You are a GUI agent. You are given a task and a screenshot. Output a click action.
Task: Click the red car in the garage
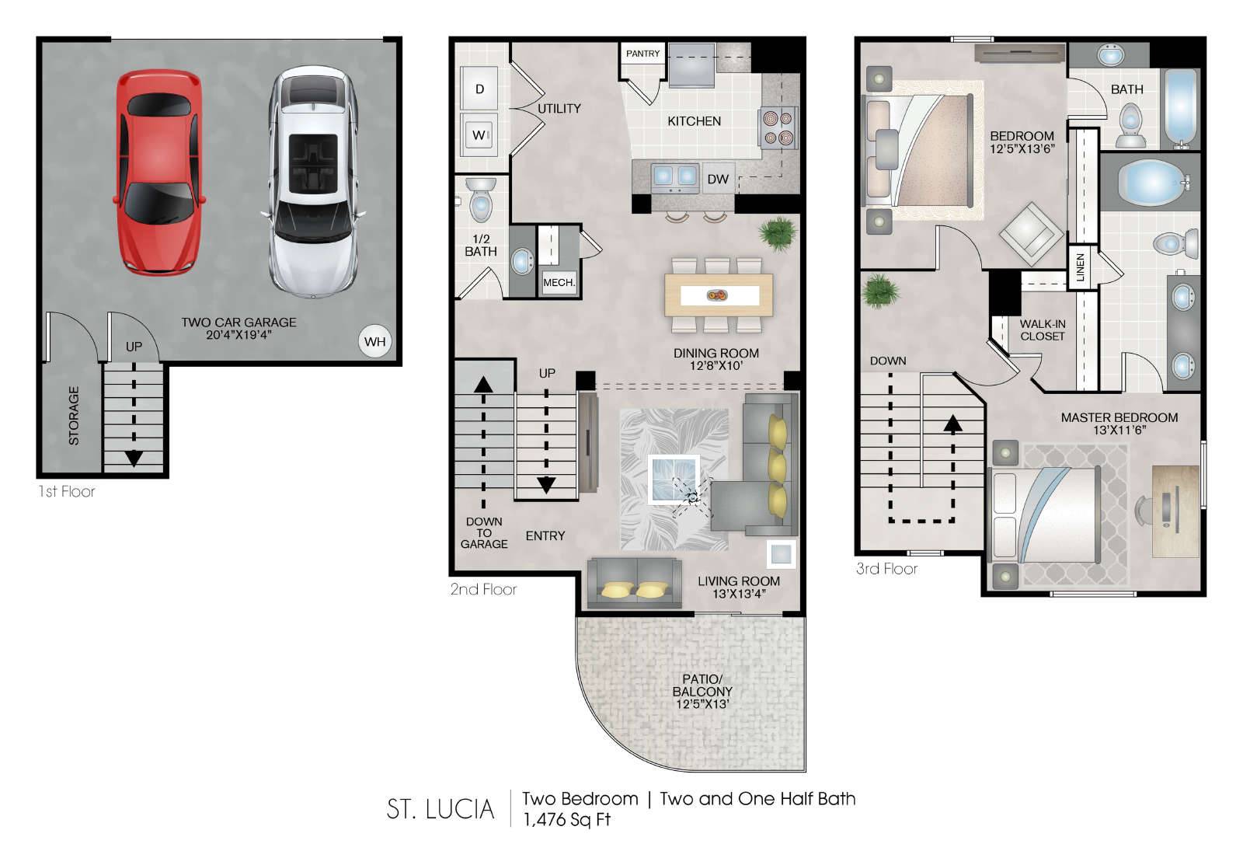tap(159, 172)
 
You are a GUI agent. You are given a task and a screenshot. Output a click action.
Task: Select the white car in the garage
tap(314, 182)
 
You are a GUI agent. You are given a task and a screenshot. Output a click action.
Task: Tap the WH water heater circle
tap(375, 341)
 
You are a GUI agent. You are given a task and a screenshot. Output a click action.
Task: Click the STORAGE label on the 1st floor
tap(74, 416)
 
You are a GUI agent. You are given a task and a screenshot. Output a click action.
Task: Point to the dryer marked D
tap(479, 89)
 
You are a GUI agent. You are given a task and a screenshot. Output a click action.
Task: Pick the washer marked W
tap(479, 135)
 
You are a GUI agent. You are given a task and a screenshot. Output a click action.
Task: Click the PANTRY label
tap(642, 54)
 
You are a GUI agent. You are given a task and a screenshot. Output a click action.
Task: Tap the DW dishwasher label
tap(718, 179)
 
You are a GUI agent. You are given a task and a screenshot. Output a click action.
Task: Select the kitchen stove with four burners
tap(778, 127)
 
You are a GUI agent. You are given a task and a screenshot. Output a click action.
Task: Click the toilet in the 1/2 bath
tap(481, 200)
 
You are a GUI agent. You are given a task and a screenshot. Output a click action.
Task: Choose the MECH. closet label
tap(559, 283)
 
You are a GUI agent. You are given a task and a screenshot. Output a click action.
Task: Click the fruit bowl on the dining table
tap(718, 295)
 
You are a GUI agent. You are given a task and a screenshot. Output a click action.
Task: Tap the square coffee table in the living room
tap(674, 480)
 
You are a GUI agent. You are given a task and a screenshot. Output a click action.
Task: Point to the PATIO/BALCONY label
tap(702, 692)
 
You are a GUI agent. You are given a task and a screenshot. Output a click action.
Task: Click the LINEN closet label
tap(1080, 267)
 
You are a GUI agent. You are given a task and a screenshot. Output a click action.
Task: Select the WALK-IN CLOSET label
tap(1042, 330)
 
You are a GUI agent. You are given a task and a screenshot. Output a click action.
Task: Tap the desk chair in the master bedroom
tap(1147, 510)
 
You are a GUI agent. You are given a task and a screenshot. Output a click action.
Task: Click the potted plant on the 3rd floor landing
tap(881, 291)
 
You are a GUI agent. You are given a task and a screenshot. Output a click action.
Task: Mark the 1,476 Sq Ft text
tap(566, 820)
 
